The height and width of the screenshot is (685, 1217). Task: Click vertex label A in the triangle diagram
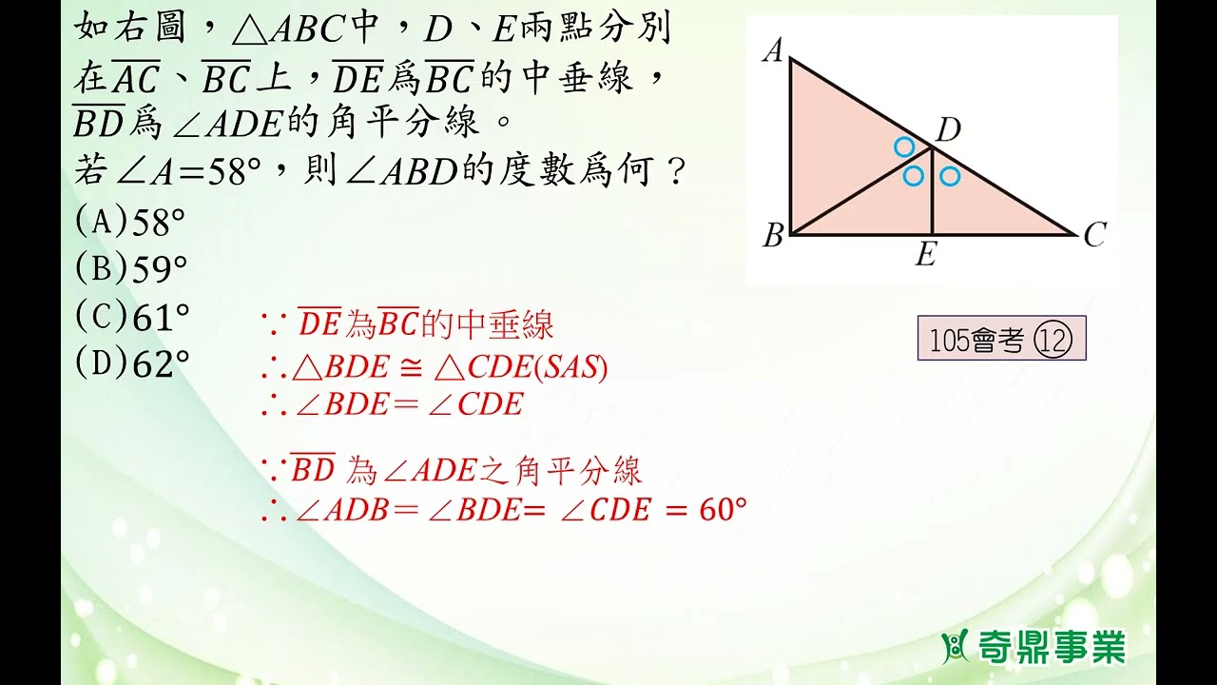(772, 51)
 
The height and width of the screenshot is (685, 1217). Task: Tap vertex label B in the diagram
(772, 236)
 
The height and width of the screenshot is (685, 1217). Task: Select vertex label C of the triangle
(1094, 235)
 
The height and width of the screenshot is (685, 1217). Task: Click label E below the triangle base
(925, 255)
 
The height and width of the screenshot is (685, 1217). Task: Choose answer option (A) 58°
(130, 223)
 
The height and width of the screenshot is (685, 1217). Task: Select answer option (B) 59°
(130, 270)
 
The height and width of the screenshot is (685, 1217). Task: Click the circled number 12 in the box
(1056, 341)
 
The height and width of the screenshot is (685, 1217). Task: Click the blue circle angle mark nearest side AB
(904, 147)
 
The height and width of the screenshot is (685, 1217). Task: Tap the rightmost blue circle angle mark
(949, 176)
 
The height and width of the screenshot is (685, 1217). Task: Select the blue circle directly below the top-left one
(913, 176)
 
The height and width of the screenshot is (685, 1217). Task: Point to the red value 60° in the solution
(723, 510)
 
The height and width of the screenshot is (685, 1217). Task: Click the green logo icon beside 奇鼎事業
(954, 648)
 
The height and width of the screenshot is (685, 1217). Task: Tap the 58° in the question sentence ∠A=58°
(236, 171)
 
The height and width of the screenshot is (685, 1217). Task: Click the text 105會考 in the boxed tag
(976, 341)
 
